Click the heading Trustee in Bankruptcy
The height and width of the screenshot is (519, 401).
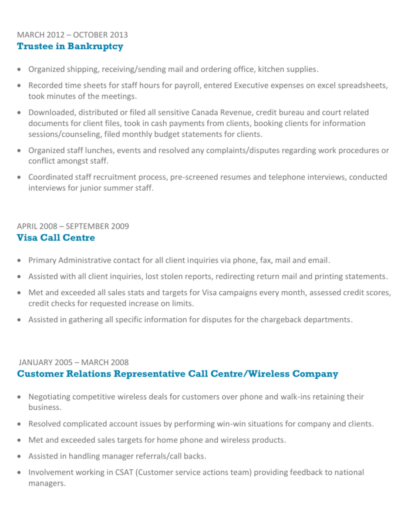coord(70,46)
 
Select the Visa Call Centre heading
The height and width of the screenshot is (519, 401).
coord(56,237)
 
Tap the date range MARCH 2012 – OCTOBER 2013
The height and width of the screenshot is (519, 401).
coord(72,35)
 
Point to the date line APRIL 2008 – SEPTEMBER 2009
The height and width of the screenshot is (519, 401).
coord(73,226)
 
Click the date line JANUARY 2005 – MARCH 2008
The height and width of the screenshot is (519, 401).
coord(73,362)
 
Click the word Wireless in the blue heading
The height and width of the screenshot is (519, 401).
coord(267,373)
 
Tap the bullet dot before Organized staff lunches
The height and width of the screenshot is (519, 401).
coord(21,151)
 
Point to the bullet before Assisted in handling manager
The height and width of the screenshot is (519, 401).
coord(21,457)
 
